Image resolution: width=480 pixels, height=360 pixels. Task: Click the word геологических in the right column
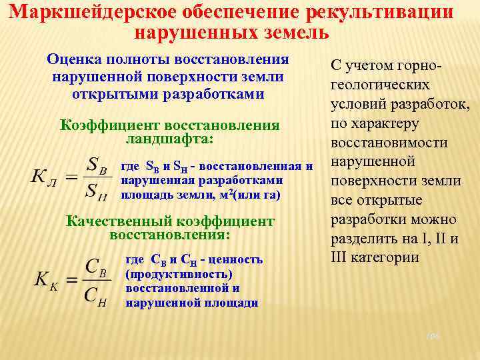pyautogui.click(x=380, y=85)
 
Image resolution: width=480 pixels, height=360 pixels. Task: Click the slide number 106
pyautogui.click(x=434, y=338)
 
